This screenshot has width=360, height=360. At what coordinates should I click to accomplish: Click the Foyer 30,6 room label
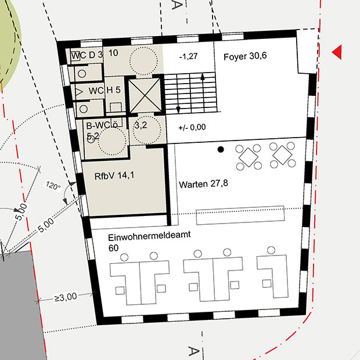tap(245, 56)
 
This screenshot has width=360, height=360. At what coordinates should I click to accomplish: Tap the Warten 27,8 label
tap(203, 184)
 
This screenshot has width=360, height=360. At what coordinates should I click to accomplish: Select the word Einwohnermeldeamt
tap(149, 236)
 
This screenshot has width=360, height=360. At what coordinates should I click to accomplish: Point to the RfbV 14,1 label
tap(114, 176)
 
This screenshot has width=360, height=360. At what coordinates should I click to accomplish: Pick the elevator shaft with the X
tap(145, 95)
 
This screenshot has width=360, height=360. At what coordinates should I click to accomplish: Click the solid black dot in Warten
tap(221, 149)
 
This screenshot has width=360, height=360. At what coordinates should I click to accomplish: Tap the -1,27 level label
tap(189, 56)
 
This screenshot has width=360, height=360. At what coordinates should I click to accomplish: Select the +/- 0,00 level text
tap(192, 127)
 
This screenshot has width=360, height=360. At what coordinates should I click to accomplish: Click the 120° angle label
tap(53, 185)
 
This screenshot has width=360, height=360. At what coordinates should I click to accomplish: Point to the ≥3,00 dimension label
tap(66, 297)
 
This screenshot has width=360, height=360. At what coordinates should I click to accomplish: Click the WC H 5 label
tap(105, 91)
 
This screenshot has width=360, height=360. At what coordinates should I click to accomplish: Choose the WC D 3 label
tap(87, 55)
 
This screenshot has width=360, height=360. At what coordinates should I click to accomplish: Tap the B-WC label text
tap(102, 125)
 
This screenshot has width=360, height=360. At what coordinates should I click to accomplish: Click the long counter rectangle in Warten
tap(240, 215)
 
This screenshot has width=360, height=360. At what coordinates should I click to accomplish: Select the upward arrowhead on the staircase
tap(203, 77)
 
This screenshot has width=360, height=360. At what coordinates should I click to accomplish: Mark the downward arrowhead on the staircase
tap(178, 110)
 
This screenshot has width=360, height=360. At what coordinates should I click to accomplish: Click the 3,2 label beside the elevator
tap(141, 125)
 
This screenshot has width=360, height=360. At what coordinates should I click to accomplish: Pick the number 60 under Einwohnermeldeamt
tap(113, 248)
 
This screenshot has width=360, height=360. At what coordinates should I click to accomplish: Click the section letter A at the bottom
tap(194, 351)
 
